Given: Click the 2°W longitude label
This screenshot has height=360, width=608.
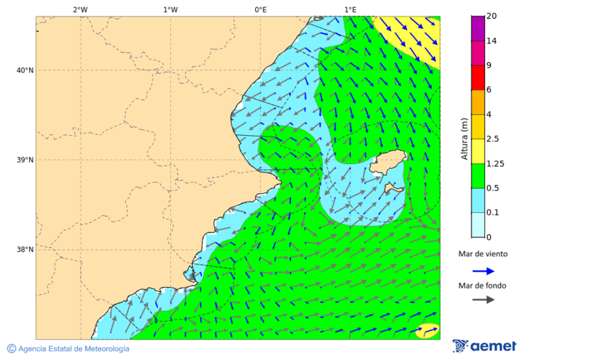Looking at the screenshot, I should tap(80, 9).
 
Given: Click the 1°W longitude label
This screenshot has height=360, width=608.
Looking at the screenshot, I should tap(170, 9).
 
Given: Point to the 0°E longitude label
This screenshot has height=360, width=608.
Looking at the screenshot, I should tap(260, 9).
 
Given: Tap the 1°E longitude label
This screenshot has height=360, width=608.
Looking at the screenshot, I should tap(350, 9).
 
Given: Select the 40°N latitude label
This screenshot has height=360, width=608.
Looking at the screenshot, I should tap(25, 70).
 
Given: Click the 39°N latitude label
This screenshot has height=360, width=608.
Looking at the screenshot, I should tap(25, 160).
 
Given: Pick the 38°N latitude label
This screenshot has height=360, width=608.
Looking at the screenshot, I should tap(25, 250).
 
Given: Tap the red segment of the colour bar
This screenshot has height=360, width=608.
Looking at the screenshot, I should tap(478, 78).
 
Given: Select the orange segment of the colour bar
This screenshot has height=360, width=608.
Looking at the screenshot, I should tap(478, 102).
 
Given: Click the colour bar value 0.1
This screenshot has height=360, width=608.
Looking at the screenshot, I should tap(492, 213).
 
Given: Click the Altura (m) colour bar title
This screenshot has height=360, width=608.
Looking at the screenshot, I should tap(464, 139).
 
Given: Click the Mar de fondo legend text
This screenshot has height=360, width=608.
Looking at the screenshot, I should tap(482, 286).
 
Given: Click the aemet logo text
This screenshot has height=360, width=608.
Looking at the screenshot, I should tap(492, 346).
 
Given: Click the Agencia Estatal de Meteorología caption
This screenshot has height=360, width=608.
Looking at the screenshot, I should tap(73, 349).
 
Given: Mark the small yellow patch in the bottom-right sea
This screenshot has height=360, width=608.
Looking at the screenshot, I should tap(428, 331).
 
